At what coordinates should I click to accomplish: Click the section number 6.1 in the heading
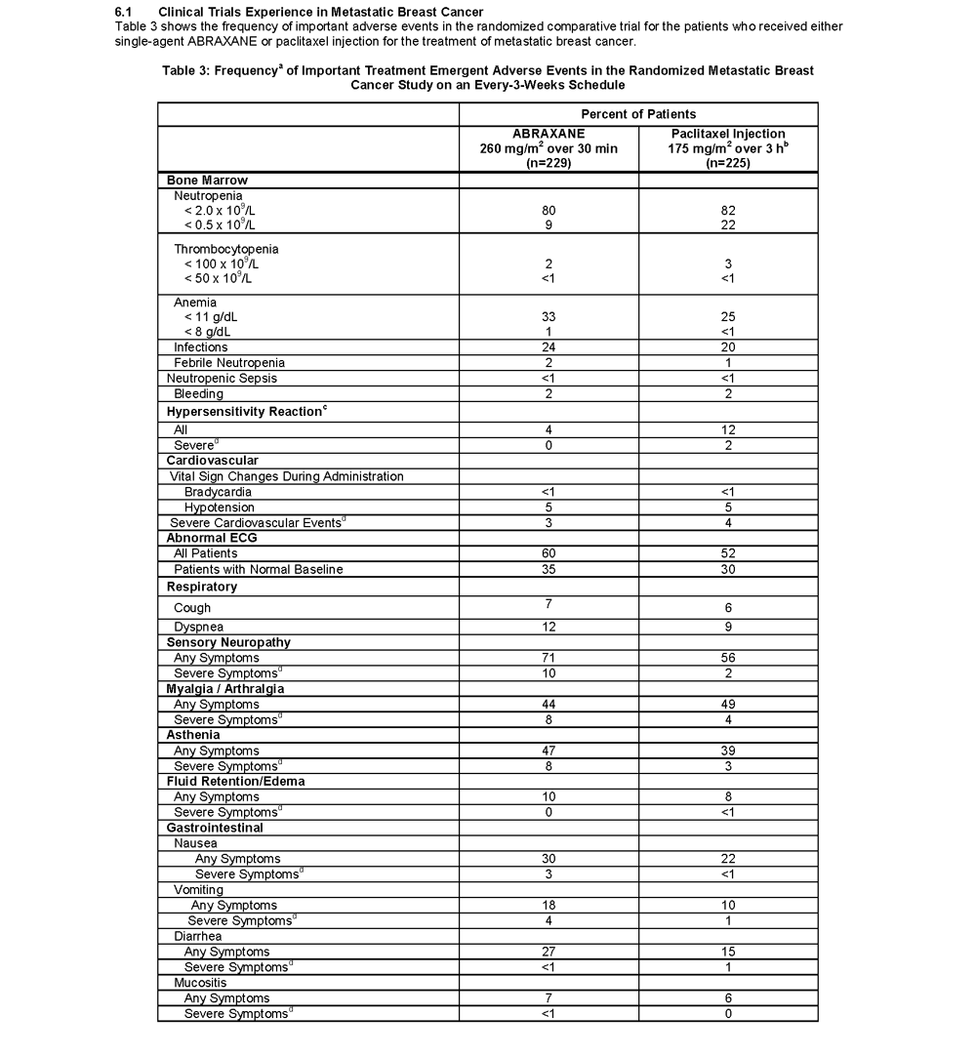coord(124,12)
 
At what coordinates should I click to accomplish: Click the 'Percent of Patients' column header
coord(638,114)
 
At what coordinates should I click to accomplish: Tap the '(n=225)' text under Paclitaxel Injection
coord(727,163)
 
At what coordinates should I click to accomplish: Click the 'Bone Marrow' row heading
coord(207,181)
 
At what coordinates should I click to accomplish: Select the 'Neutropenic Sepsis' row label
coord(222,379)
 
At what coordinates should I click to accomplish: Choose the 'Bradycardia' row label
coord(218,492)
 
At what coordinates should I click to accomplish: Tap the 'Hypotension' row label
coord(220,508)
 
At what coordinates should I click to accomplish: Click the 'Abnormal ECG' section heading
coord(212,538)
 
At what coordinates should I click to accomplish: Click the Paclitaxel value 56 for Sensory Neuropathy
coord(728,658)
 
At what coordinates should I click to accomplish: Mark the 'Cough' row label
coord(192,608)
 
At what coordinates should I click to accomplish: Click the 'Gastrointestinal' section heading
coord(215,828)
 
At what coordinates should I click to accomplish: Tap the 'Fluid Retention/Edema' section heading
coord(235,782)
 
